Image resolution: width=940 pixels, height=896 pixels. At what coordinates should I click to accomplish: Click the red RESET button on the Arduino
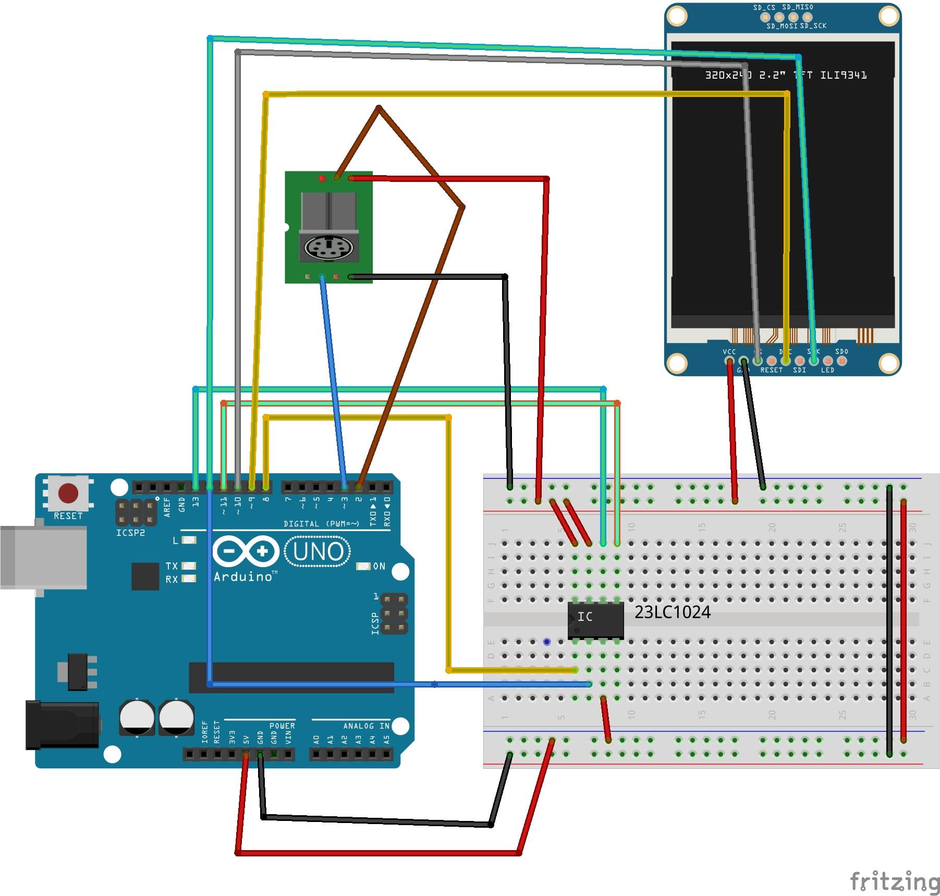tap(68, 493)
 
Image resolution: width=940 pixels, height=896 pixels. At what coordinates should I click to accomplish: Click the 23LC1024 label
tap(672, 612)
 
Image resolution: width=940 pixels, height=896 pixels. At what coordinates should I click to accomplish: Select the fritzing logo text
tap(894, 881)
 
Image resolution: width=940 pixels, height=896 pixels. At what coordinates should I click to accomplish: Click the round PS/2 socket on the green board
tap(328, 248)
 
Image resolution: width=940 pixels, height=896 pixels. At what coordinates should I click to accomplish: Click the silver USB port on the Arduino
tap(43, 557)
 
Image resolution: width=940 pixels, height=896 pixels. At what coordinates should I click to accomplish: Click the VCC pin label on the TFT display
tap(729, 352)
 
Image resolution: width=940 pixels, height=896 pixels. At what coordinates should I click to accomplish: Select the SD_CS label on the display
tap(764, 7)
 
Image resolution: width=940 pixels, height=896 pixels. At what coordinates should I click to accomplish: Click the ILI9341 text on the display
tap(843, 75)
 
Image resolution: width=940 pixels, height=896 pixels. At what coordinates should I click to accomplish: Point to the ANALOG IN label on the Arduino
tap(366, 726)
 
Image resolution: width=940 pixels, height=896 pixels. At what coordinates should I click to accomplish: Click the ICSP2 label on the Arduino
tap(130, 533)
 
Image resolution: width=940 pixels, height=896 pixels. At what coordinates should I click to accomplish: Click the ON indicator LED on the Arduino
tap(363, 566)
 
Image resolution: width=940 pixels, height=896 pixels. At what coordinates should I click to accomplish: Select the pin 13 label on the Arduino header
tap(196, 502)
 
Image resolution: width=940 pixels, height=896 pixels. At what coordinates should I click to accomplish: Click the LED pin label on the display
tap(827, 370)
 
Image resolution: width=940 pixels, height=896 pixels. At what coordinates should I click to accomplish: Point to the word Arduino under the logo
tap(243, 576)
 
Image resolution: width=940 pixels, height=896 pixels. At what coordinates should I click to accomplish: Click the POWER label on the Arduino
tap(282, 726)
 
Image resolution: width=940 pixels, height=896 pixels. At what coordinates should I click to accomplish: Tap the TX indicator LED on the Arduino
tap(188, 566)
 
